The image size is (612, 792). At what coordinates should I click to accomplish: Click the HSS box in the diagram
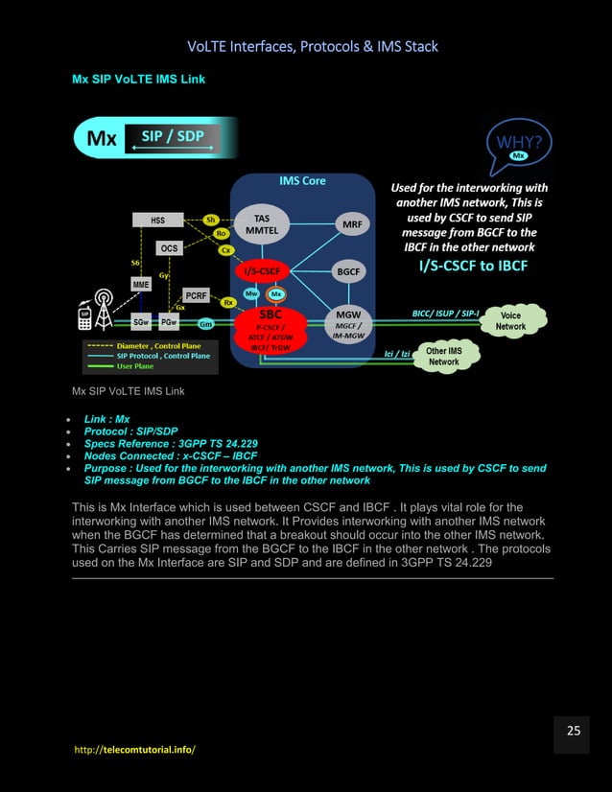(x=157, y=220)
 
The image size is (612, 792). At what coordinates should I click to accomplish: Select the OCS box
(x=170, y=248)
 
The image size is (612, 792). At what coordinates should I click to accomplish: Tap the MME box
(x=141, y=285)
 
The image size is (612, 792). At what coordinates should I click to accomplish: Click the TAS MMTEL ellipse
(x=261, y=224)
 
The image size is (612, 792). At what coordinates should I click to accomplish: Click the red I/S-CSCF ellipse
(x=261, y=272)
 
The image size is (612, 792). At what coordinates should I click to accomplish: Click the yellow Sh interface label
(x=211, y=219)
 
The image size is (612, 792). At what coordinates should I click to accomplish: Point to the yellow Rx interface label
(x=228, y=302)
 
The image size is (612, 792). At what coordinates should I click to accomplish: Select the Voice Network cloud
(x=510, y=320)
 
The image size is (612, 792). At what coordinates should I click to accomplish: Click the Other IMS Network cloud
(x=443, y=357)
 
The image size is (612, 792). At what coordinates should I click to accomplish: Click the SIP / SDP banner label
(x=174, y=137)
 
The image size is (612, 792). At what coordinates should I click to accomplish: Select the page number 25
(x=573, y=731)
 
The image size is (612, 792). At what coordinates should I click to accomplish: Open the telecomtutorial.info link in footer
(x=134, y=748)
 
